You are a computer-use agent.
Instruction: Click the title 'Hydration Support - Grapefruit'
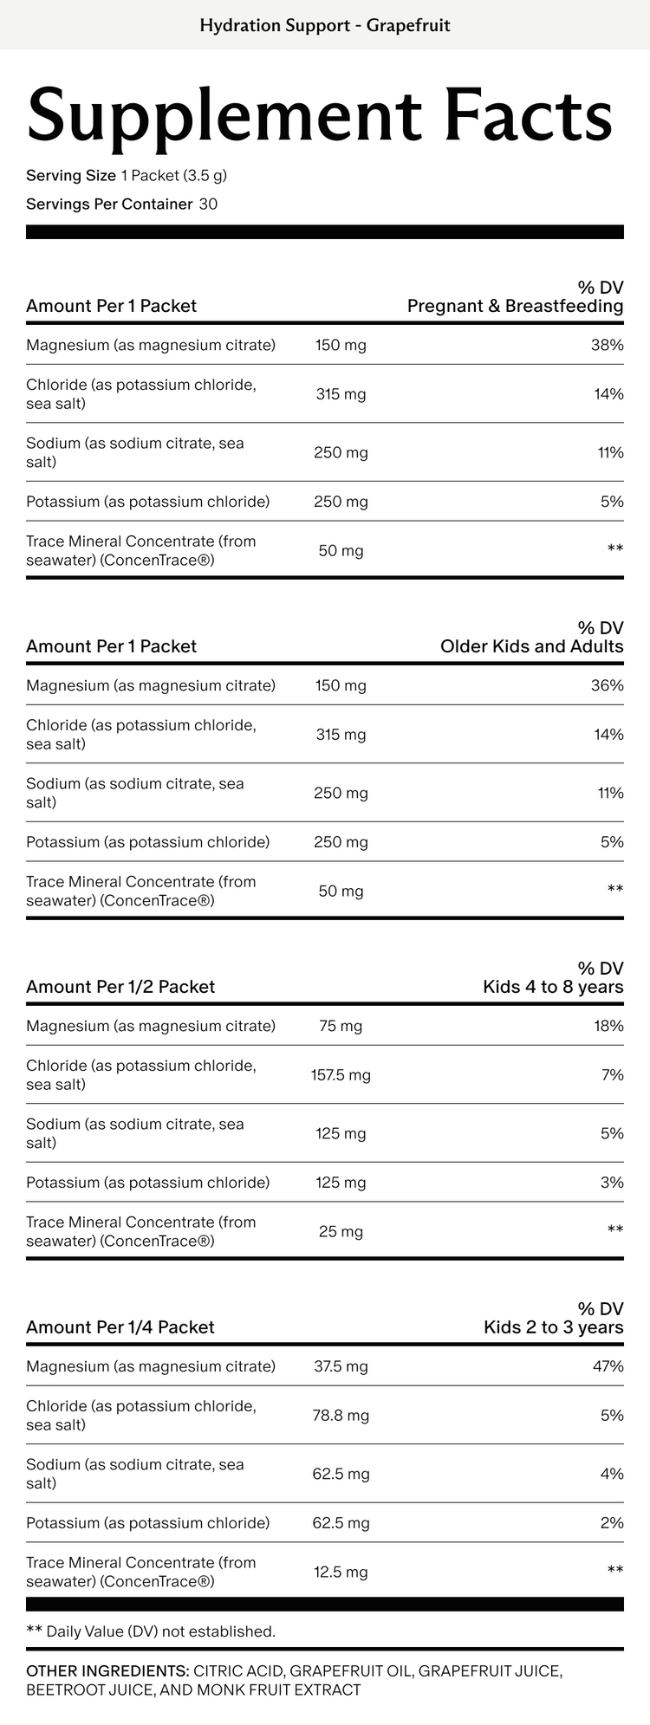click(325, 25)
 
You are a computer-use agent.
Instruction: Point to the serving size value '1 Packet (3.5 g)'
click(174, 176)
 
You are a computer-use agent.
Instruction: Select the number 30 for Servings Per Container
click(208, 204)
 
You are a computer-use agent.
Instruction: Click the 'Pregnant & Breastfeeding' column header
click(515, 306)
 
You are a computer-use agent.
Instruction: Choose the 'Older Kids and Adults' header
click(531, 646)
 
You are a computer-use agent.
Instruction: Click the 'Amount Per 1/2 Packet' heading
click(120, 987)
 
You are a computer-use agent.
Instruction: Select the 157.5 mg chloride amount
click(341, 1075)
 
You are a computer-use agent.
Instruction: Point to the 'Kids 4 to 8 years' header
click(553, 987)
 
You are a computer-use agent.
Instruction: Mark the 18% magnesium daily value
click(608, 1026)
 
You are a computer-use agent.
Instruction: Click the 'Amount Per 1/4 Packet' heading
click(120, 1327)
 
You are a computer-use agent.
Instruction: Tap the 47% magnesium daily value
click(608, 1366)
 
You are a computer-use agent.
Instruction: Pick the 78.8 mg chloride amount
click(341, 1416)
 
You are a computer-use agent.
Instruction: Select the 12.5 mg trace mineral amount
click(341, 1572)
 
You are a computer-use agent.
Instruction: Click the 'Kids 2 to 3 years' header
click(553, 1327)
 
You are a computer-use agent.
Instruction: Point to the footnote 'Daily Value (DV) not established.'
click(160, 1631)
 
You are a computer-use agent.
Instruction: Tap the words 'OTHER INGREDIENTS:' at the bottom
click(107, 1670)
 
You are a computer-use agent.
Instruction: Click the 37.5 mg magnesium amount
click(341, 1366)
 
